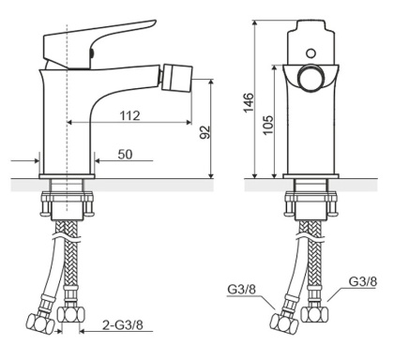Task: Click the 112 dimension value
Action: pyautogui.click(x=130, y=116)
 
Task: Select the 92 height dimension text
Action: pyautogui.click(x=205, y=132)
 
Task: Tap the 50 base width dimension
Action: pyautogui.click(x=125, y=155)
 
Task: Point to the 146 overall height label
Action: pyautogui.click(x=250, y=102)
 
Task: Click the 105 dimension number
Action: pyautogui.click(x=268, y=125)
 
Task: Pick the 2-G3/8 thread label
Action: pyautogui.click(x=123, y=325)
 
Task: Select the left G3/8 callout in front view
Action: pyautogui.click(x=241, y=290)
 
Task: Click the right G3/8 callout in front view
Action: pyautogui.click(x=363, y=281)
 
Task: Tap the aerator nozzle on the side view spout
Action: pyautogui.click(x=177, y=78)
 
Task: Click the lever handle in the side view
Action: pyautogui.click(x=97, y=44)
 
